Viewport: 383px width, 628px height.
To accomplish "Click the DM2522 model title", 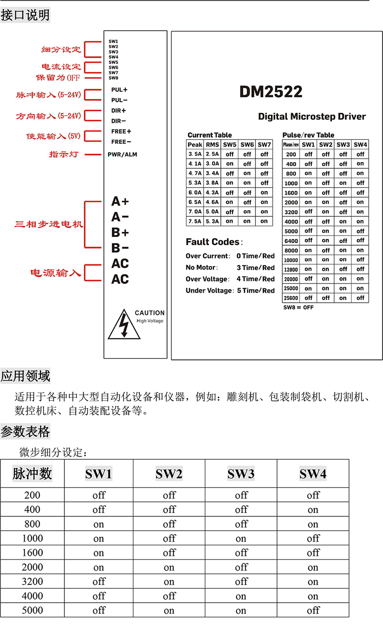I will pos(271,92).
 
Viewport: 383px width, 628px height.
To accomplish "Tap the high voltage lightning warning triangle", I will pos(124,325).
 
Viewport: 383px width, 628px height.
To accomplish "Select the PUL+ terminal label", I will pos(119,90).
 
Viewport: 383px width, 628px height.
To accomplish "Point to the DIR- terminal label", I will pos(118,121).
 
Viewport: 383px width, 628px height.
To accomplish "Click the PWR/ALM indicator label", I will pos(122,155).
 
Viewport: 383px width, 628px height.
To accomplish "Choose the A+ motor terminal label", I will pos(120,202).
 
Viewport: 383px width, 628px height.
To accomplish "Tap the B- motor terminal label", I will pos(120,248).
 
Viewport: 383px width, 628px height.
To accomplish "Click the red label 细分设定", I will pos(61,50).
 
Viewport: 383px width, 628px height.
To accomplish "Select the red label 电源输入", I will pos(55,273).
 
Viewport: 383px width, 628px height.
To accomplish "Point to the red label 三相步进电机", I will pos(48,224).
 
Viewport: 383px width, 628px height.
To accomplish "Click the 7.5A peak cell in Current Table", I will pos(195,222).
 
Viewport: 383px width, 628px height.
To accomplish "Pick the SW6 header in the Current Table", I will pos(247,144).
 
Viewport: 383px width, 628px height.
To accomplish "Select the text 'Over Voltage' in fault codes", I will pos(207,279).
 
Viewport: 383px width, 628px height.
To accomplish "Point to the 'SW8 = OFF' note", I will pos(298,307).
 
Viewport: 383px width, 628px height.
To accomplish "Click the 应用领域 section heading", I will pos(26,376).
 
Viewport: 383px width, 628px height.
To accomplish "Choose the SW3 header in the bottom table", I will pos(241,474).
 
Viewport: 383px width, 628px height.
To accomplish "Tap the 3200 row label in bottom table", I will pos(33,582).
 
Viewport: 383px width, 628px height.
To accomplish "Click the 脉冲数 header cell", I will pos(32,474).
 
